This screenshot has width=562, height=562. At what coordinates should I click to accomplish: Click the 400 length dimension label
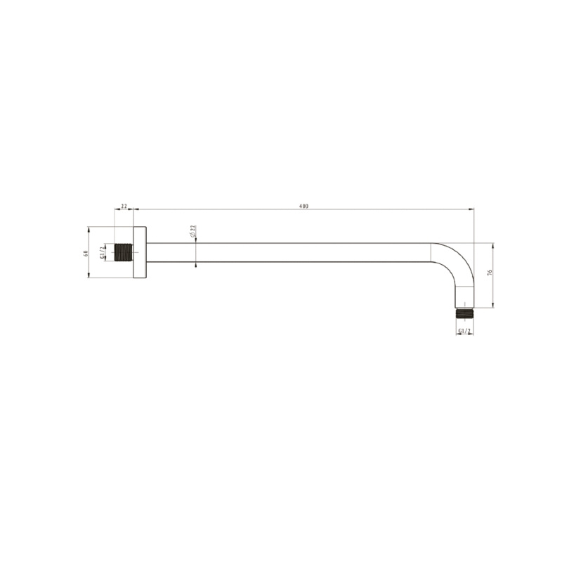click(x=303, y=206)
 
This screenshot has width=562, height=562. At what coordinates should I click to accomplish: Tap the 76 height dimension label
click(x=490, y=272)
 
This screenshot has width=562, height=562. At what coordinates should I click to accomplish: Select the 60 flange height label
click(x=85, y=254)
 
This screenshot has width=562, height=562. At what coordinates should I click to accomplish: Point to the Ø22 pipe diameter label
click(x=192, y=231)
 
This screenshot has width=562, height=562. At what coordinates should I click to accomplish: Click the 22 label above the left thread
click(x=124, y=206)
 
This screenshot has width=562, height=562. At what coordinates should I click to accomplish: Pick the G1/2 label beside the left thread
click(x=102, y=253)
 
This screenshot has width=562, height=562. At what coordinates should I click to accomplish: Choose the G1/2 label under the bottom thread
click(x=464, y=331)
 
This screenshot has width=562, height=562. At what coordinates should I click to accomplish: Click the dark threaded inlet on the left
click(x=124, y=252)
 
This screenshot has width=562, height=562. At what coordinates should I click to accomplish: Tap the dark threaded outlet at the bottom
click(x=464, y=313)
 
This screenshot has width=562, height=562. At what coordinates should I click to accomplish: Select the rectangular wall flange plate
click(x=140, y=252)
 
